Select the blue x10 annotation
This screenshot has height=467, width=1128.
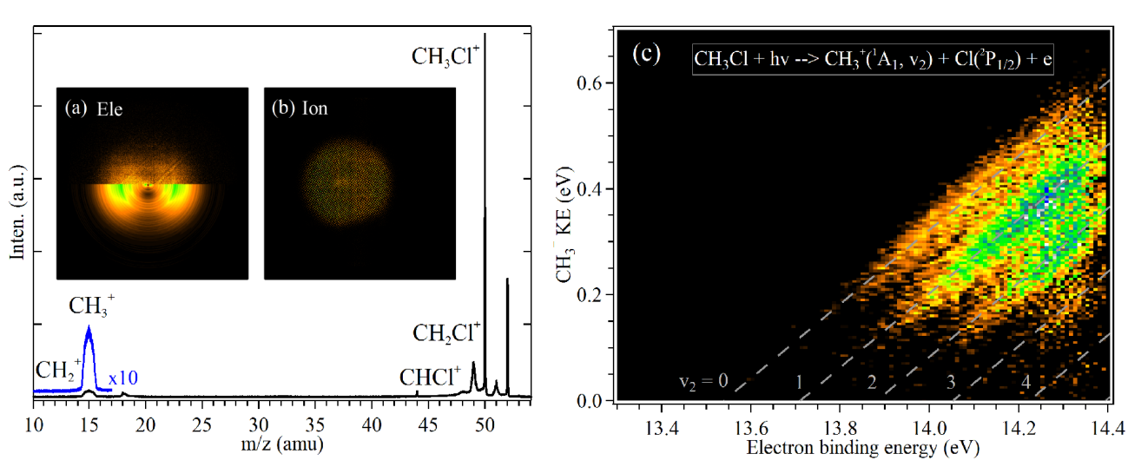[x=123, y=378]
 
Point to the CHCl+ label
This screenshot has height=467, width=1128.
[x=430, y=378]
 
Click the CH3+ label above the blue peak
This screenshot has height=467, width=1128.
[x=92, y=305]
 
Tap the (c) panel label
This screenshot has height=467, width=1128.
[x=646, y=54]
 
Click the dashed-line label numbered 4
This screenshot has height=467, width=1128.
[x=1025, y=382]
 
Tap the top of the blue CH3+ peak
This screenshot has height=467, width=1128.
[x=89, y=327]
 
